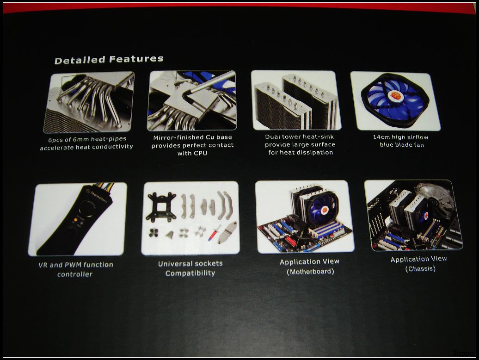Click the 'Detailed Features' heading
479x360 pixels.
click(109, 59)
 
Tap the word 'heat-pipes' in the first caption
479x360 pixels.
click(109, 139)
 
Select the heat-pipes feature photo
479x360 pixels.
click(89, 102)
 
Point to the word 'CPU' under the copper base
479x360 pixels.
click(200, 153)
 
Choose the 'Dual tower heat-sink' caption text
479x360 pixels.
click(300, 137)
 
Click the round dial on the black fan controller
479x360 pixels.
click(86, 209)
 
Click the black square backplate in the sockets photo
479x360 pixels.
click(161, 206)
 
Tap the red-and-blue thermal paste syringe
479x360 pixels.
click(215, 233)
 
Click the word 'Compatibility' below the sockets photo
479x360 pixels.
click(190, 273)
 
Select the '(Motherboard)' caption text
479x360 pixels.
click(310, 272)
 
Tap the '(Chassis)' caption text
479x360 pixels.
click(420, 269)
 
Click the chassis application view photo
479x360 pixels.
click(414, 215)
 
